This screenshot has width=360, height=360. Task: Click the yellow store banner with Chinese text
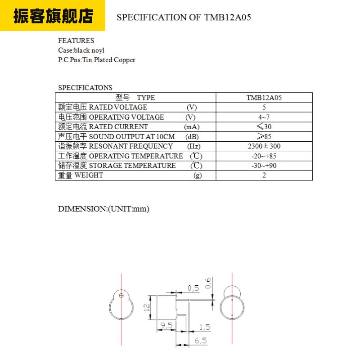click(x=53, y=15)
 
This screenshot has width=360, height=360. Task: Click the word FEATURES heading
click(x=76, y=40)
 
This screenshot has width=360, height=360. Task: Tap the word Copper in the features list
click(x=125, y=60)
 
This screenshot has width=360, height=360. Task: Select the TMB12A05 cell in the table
click(x=264, y=98)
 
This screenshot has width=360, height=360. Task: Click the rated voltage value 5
click(x=264, y=107)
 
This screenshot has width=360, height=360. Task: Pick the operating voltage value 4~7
click(x=264, y=117)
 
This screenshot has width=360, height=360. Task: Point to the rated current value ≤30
click(x=264, y=127)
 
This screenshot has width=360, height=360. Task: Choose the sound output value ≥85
click(x=264, y=136)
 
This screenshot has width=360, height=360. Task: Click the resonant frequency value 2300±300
click(x=264, y=146)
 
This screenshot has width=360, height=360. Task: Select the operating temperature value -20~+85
click(x=264, y=156)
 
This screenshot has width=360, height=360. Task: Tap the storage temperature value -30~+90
click(x=264, y=166)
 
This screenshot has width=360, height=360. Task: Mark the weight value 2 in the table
click(x=264, y=175)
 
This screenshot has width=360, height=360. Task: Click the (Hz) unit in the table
click(x=194, y=146)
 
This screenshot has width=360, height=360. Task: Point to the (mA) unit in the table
click(x=192, y=127)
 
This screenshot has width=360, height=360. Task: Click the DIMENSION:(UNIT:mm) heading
click(x=103, y=209)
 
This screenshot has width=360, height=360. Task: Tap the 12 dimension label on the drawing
click(x=147, y=307)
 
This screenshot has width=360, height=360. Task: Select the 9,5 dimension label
click(x=166, y=325)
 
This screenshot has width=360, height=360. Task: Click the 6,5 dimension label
click(x=201, y=341)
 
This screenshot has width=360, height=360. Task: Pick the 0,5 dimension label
click(x=193, y=288)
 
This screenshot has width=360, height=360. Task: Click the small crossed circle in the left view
click(x=121, y=296)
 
